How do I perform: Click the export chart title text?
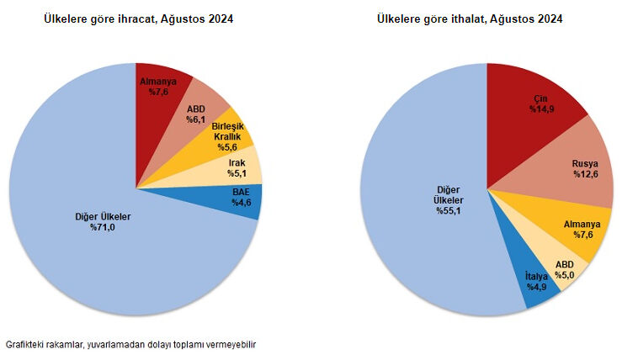click(x=139, y=19)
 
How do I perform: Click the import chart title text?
click(x=470, y=19)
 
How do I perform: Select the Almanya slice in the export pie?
click(x=157, y=87)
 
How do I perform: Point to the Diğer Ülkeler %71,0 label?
click(x=103, y=222)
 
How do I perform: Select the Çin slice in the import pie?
click(x=539, y=103)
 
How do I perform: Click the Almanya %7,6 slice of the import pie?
click(x=581, y=229)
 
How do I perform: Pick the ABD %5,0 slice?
click(x=564, y=268)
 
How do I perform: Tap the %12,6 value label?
click(x=585, y=174)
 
